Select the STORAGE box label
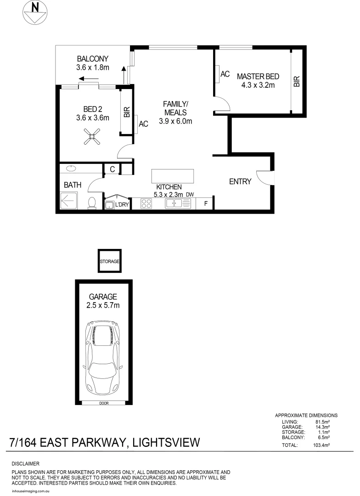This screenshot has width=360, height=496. [110, 261]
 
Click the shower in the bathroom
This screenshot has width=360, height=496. [71, 201]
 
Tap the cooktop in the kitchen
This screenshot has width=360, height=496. [146, 203]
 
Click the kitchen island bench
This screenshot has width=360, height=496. [173, 176]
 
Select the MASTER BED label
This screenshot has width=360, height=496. [258, 76]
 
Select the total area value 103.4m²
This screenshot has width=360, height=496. [322, 445]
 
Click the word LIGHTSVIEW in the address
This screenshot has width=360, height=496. [166, 443]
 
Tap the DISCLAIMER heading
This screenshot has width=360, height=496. [25, 464]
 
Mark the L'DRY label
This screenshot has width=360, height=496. [121, 205]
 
